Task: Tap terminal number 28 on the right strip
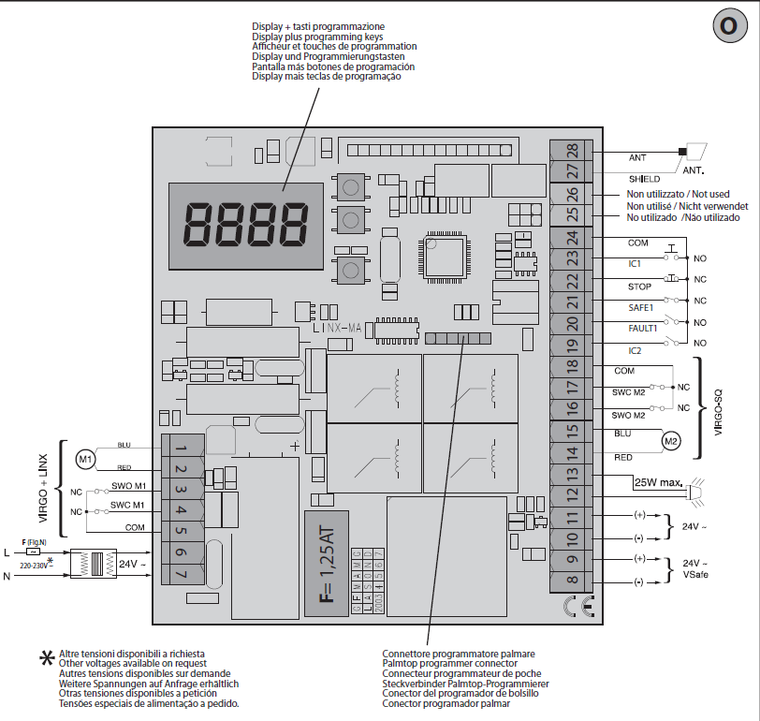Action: point(572,151)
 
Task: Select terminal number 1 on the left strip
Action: point(181,447)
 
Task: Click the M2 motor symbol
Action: point(669,440)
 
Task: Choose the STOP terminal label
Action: point(639,287)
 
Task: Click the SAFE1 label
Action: point(641,307)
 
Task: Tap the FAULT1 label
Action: point(643,329)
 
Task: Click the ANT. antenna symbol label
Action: point(693,171)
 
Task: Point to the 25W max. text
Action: point(658,484)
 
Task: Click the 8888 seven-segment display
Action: point(246,222)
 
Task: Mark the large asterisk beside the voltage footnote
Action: point(45,658)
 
